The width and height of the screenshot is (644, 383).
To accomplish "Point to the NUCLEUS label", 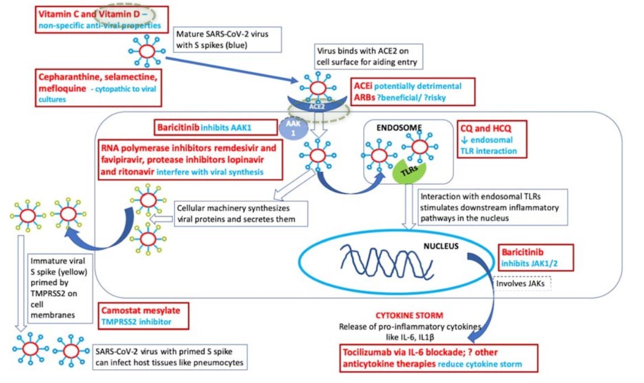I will tap(441, 247).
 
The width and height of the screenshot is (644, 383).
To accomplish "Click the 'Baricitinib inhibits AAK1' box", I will tap(215, 127).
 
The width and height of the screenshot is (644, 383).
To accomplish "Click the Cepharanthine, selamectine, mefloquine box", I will tap(99, 87).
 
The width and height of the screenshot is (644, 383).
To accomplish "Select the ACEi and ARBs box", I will tap(414, 91).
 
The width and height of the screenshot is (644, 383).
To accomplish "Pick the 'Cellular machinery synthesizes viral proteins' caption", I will tap(240, 214).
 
